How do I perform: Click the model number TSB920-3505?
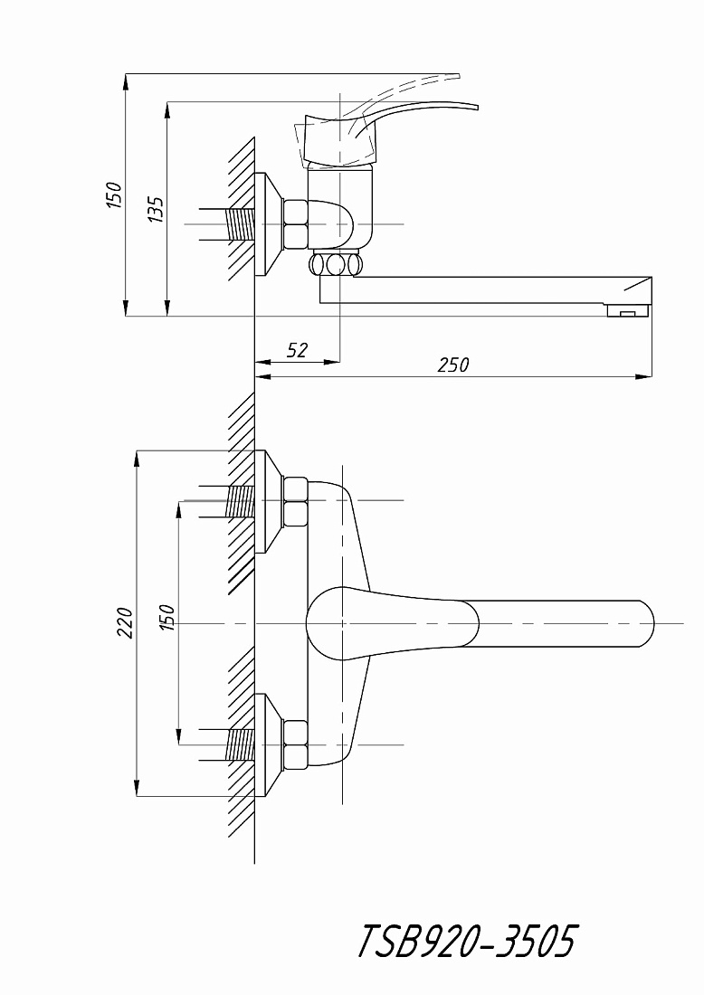pos(467,941)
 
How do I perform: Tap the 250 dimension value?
pos(454,365)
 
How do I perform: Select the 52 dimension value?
pos(297,350)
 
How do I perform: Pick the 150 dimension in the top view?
pos(114,194)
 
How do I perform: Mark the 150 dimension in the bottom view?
pos(167,618)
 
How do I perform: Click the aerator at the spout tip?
pos(628,310)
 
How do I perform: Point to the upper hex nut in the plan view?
pos(295,501)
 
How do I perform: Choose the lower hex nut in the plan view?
pos(295,745)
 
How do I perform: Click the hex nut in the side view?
pos(296,224)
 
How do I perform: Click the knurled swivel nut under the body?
pos(335,264)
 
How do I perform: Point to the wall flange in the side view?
pos(269,224)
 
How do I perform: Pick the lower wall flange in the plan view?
pos(269,745)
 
